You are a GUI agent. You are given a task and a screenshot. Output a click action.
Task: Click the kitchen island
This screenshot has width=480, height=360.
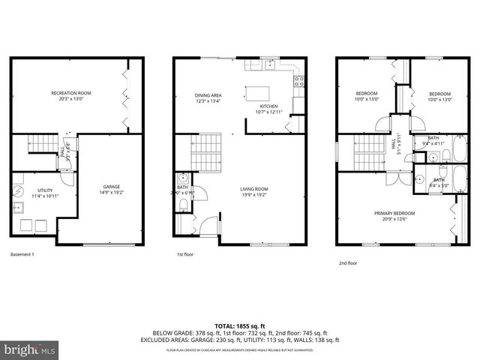pyautogui.click(x=257, y=94)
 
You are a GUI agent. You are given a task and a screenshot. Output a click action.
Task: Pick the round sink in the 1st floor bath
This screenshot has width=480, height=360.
pyautogui.click(x=182, y=180)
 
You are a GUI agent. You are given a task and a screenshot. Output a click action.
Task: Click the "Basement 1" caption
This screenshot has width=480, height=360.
pyautogui.click(x=22, y=254)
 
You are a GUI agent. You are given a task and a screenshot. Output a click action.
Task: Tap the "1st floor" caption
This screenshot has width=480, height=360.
pyautogui.click(x=185, y=254)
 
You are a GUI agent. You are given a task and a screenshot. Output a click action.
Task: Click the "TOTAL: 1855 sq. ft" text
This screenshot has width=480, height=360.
pyautogui.click(x=239, y=326)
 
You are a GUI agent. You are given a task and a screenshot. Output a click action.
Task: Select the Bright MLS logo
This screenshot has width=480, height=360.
pyautogui.click(x=30, y=349)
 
